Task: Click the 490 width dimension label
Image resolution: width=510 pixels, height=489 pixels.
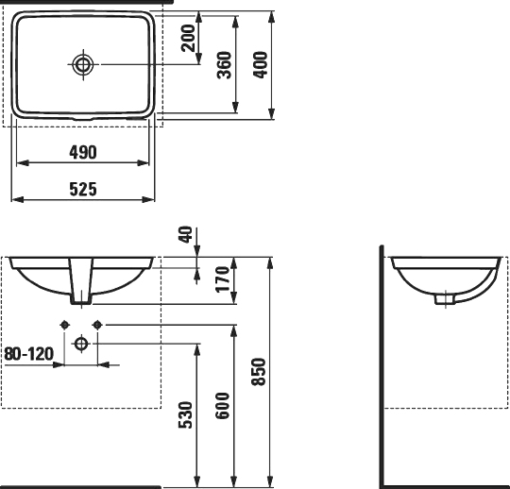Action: (x=83, y=152)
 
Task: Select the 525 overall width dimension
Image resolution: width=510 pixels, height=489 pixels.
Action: (x=83, y=189)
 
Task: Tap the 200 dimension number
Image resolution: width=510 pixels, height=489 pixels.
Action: (x=188, y=38)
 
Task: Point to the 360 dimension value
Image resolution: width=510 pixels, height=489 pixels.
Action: (x=225, y=65)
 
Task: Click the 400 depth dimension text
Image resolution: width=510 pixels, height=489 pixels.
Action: (x=261, y=65)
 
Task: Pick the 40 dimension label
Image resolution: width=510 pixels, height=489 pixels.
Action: (x=186, y=235)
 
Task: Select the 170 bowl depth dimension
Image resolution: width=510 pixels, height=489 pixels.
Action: (x=223, y=279)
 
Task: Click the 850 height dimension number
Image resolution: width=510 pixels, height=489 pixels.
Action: (x=259, y=372)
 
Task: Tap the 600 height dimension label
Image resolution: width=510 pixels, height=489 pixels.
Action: (x=223, y=406)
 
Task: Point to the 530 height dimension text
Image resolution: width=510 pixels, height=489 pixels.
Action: (x=186, y=415)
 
